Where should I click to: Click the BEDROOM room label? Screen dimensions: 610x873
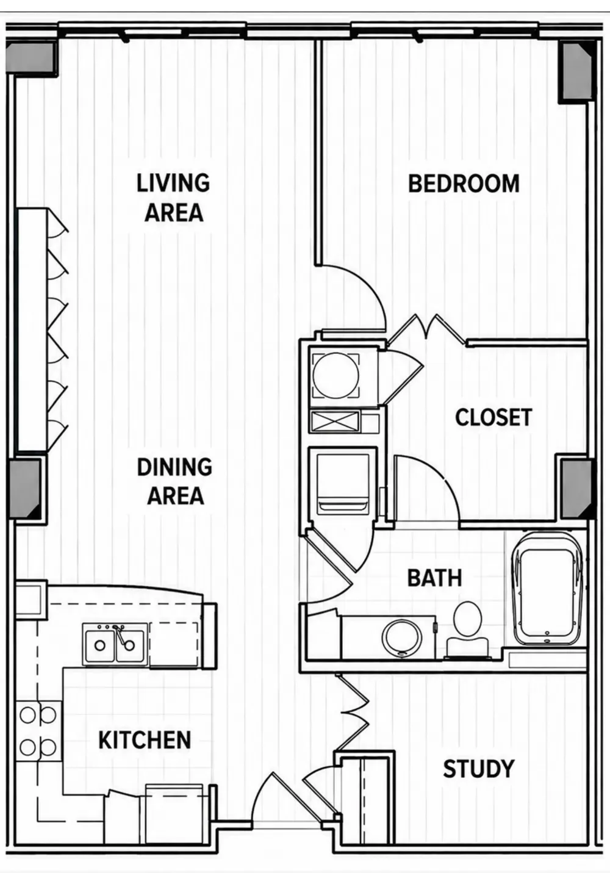pyautogui.click(x=464, y=184)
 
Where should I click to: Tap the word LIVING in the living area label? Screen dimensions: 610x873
pyautogui.click(x=173, y=183)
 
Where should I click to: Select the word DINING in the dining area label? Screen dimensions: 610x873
pyautogui.click(x=174, y=467)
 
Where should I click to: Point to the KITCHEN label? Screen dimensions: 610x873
pyautogui.click(x=145, y=740)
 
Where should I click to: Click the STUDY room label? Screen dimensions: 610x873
pyautogui.click(x=479, y=769)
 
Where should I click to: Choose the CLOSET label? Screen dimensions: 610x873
pyautogui.click(x=493, y=417)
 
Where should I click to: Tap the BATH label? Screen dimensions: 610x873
pyautogui.click(x=434, y=578)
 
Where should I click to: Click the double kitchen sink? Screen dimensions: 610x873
pyautogui.click(x=115, y=645)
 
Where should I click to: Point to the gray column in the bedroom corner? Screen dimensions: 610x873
pyautogui.click(x=577, y=71)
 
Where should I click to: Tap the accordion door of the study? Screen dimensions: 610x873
pyautogui.click(x=354, y=713)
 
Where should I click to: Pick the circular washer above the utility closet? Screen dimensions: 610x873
pyautogui.click(x=336, y=376)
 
